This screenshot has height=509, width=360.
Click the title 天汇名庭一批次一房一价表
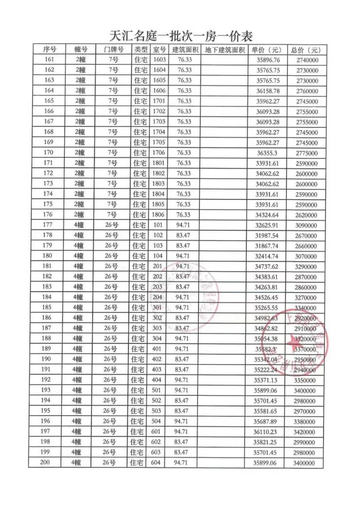tap(180, 36)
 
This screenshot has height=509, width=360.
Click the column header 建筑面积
tap(185, 50)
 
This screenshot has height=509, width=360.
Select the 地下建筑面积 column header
tap(224, 50)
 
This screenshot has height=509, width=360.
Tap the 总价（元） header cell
tap(306, 50)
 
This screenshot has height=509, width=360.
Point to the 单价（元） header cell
tap(267, 50)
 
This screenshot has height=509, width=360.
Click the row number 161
tap(49, 60)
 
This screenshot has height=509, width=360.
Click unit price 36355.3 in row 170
tap(268, 153)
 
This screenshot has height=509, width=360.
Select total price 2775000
tap(306, 153)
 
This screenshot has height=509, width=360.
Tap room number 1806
tap(159, 215)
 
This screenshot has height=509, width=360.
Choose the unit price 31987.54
tap(268, 236)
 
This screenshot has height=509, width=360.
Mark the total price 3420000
tap(306, 432)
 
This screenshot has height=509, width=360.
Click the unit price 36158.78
tap(268, 91)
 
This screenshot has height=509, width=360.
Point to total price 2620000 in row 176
tap(306, 215)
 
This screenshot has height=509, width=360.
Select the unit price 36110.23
tap(268, 432)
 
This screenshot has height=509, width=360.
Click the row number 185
tap(47, 308)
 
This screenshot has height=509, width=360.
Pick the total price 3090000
tap(306, 225)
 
